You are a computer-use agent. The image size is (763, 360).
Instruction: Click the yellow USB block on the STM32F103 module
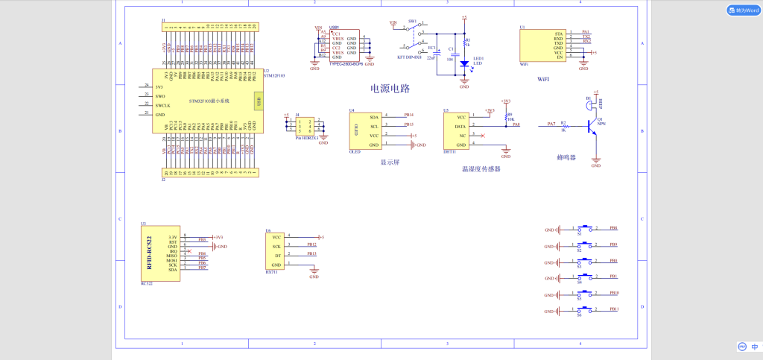point(258,101)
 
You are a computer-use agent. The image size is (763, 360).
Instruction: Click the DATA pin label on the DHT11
point(460,127)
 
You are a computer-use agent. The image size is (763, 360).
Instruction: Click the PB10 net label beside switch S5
point(614,293)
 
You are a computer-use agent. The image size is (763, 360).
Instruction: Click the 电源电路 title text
point(390,89)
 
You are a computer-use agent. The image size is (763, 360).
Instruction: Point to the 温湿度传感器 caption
point(481,169)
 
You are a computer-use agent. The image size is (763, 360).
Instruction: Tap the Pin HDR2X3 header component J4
point(306,125)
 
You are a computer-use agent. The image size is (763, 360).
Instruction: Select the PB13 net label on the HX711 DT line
point(311,254)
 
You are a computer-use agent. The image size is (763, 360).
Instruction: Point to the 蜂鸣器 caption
point(567,157)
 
